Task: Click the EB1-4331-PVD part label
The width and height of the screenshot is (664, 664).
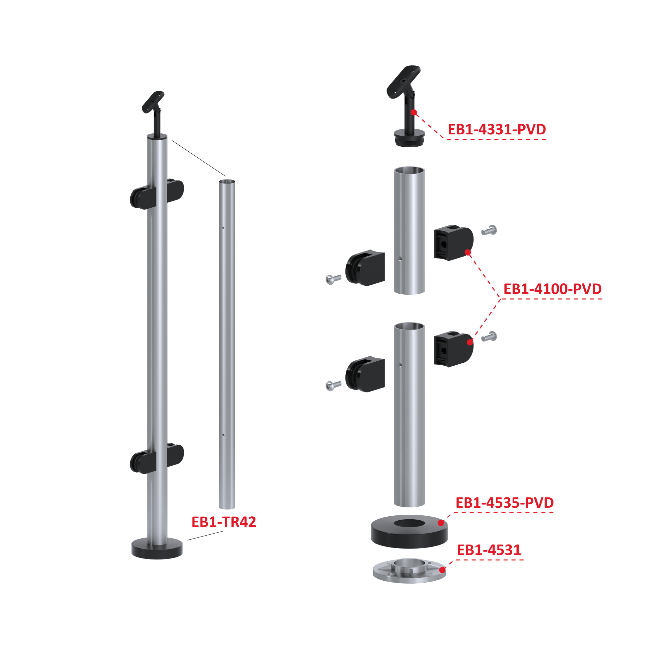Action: coord(497,129)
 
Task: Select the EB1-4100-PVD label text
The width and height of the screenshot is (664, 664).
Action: coord(553,289)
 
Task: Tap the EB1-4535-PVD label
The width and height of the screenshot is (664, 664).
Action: coord(504,503)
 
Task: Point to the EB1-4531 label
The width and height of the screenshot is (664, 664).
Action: coord(489,550)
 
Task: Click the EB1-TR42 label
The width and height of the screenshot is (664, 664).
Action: coord(224,522)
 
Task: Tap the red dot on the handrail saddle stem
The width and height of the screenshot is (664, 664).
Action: coord(414,112)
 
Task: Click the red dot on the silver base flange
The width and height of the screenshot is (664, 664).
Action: coord(443,570)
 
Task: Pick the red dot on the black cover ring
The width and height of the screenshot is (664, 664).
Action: coord(441,523)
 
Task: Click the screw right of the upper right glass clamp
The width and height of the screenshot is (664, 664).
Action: coord(489,230)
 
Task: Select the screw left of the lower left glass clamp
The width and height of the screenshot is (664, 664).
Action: coord(333,385)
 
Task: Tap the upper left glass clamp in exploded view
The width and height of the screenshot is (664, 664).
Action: coord(365,268)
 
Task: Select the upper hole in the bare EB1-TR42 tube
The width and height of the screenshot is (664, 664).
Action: coord(223,228)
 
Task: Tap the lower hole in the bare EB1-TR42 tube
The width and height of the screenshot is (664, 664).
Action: coord(223,435)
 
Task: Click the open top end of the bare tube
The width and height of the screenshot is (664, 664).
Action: coord(227,182)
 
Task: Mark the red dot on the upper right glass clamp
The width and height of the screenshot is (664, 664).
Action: coord(468,253)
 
